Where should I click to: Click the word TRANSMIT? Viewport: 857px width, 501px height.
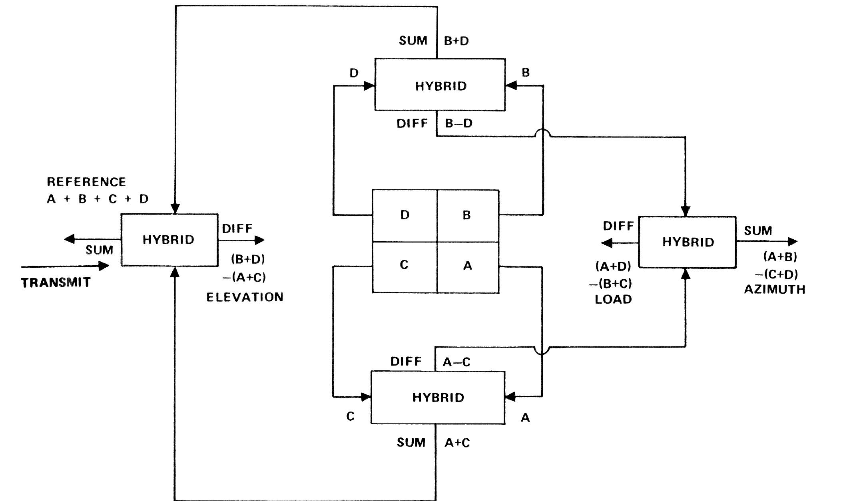[x=56, y=282]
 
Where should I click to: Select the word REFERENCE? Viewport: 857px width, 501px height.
[x=86, y=182]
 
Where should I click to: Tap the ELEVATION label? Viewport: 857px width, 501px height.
[x=245, y=297]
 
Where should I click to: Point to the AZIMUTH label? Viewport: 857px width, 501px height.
[x=774, y=289]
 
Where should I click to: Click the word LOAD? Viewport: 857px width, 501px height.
[x=613, y=299]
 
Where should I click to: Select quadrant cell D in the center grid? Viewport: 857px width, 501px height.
[x=405, y=215]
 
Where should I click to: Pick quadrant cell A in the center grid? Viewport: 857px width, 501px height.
[x=468, y=266]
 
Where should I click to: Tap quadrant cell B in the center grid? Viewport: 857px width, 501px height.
[x=467, y=215]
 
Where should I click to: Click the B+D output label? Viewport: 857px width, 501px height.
[x=456, y=41]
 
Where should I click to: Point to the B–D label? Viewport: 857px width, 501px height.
[x=458, y=123]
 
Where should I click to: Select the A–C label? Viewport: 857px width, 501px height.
[x=456, y=362]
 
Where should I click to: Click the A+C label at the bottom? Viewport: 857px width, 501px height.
[x=457, y=443]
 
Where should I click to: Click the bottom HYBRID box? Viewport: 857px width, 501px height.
[x=438, y=397]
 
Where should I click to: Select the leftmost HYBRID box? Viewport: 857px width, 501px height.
[x=169, y=240]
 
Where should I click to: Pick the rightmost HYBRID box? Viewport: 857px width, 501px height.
[x=687, y=242]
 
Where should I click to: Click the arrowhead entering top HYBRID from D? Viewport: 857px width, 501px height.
[x=369, y=86]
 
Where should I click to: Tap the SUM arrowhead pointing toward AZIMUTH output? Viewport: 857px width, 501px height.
[x=792, y=241]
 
